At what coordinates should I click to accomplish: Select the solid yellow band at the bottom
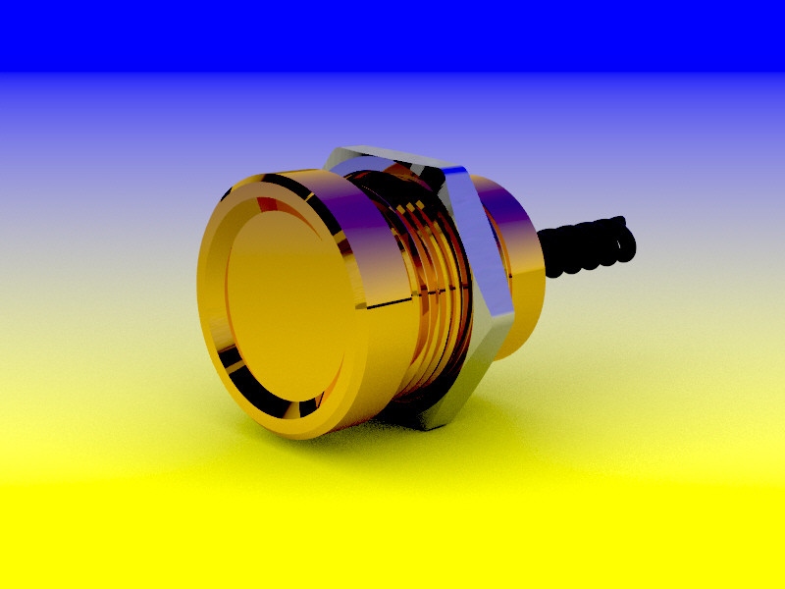(392, 540)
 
